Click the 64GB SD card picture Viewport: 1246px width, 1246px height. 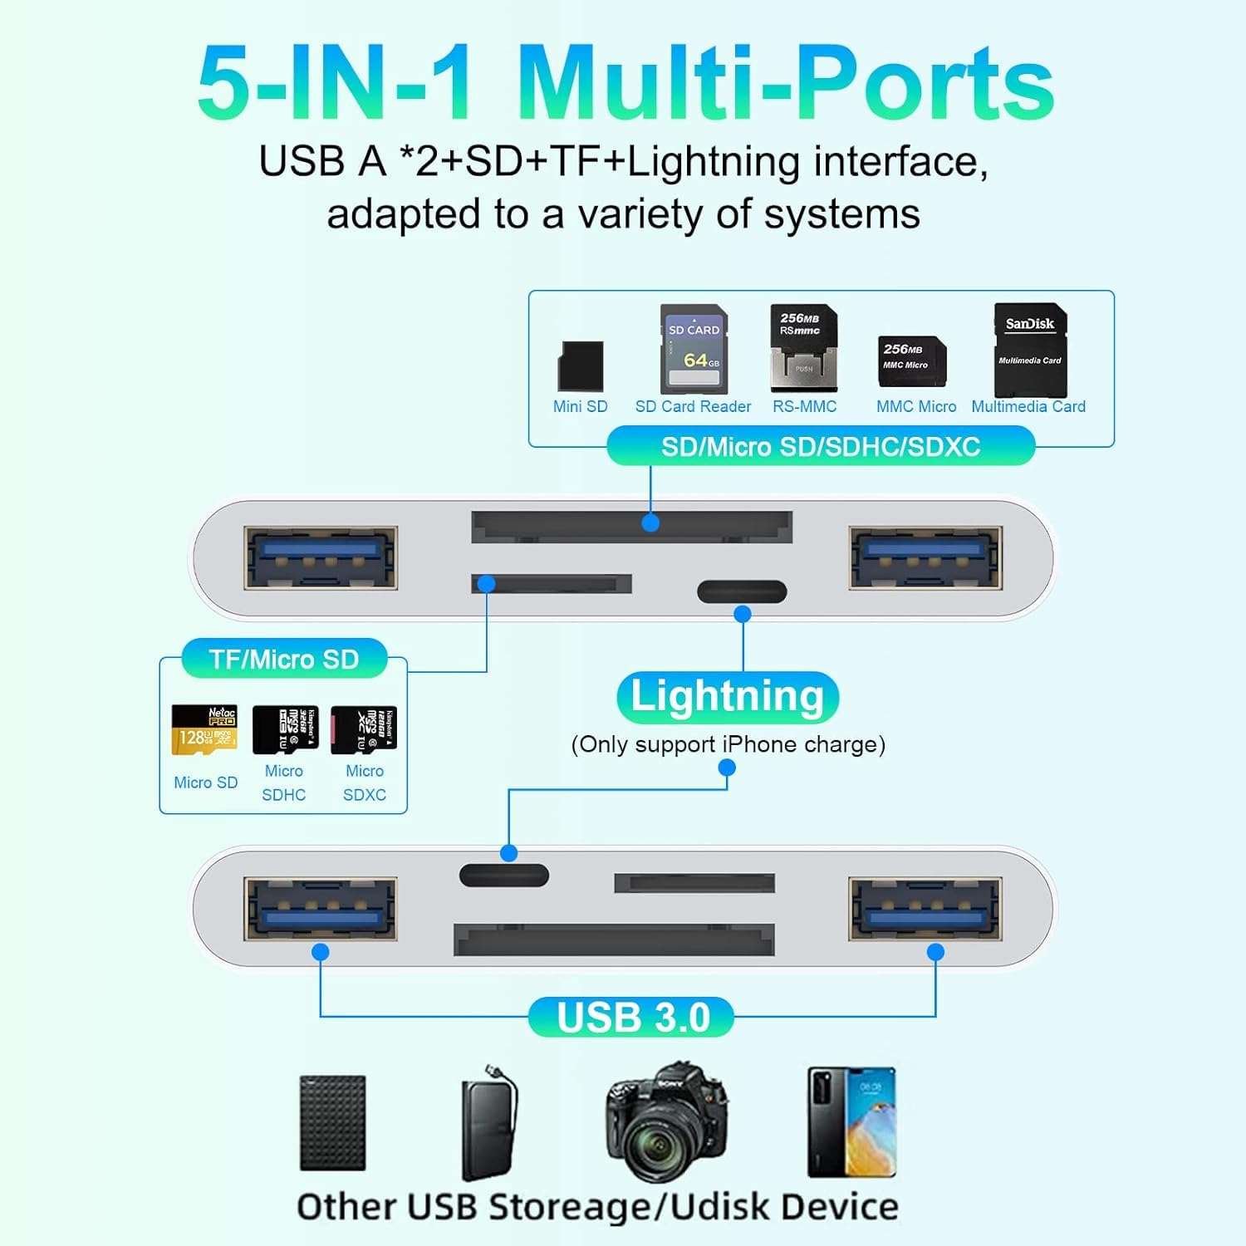click(694, 349)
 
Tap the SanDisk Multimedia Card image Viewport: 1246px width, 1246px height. click(1030, 350)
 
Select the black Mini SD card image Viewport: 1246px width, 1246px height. click(581, 365)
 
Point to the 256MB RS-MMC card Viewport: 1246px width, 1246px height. click(803, 348)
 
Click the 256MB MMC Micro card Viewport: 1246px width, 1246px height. click(912, 361)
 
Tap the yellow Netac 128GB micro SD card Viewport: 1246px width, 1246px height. click(204, 729)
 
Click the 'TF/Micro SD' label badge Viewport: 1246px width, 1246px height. click(284, 660)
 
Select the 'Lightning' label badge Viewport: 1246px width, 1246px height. click(728, 696)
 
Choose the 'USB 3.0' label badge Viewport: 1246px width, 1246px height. click(632, 1018)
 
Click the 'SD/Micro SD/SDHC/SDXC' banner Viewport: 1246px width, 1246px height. click(821, 447)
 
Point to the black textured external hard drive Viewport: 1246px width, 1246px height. click(332, 1123)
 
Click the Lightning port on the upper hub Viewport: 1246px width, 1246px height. click(742, 591)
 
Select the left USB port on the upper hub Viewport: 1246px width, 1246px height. click(321, 557)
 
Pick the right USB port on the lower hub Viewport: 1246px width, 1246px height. click(925, 909)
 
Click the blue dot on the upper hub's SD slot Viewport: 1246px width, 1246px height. click(650, 522)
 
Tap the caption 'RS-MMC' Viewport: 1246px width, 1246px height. click(804, 407)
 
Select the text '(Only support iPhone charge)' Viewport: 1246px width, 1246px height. click(728, 744)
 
